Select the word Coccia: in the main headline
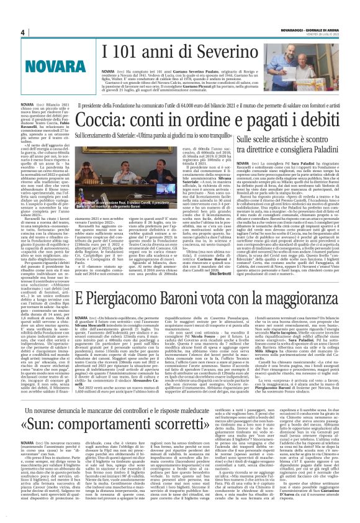pyautogui.click(x=102, y=120)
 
